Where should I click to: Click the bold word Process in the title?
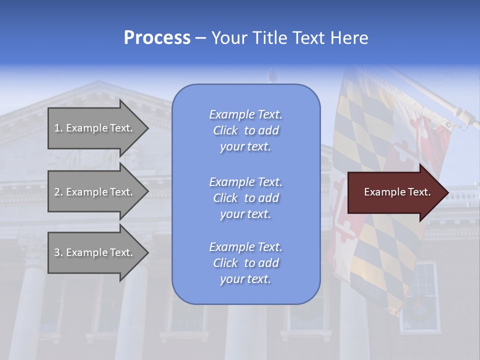tap(157, 38)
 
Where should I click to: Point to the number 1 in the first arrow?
tap(57, 128)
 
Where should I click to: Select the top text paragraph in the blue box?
tap(245, 130)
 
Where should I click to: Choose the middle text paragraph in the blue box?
tap(245, 198)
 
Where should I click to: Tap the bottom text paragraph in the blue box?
tap(245, 263)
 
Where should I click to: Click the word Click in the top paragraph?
tap(225, 131)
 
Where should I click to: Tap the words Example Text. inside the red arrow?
tap(397, 192)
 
